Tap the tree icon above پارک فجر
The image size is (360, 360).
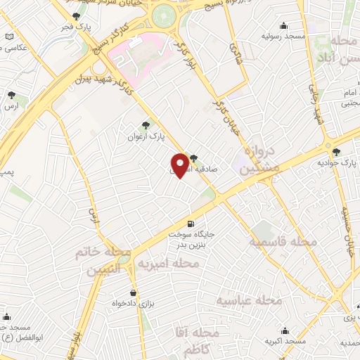point(76,15)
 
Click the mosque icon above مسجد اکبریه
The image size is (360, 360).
point(285,330)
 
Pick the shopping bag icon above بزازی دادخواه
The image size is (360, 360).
point(133,292)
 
